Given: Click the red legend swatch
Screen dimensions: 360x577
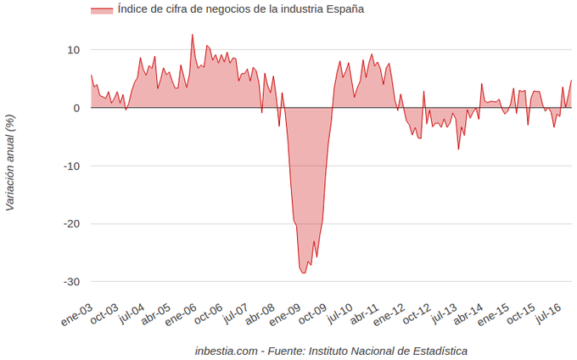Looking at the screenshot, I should pos(102,9).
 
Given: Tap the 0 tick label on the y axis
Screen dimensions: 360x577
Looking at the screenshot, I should pos(76,108).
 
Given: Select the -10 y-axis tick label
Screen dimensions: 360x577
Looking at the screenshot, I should pos(71,166).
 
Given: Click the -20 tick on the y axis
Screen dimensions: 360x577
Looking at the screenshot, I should pos(71,223).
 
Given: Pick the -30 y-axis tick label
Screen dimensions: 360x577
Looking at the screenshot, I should pos(71,281).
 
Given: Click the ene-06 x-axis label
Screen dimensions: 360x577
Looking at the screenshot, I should pos(182,313).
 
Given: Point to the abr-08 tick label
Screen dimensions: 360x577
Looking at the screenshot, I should pos(259,313).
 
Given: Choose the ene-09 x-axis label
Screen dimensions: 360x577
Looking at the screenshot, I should pos(285,313).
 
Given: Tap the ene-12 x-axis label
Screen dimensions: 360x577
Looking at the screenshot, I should pos(389,313).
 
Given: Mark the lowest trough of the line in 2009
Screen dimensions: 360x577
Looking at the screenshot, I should pos(304,273).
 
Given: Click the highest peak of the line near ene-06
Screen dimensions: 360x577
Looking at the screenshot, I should pos(193,35).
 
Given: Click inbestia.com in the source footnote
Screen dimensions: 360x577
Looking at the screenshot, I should pos(225,350).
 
